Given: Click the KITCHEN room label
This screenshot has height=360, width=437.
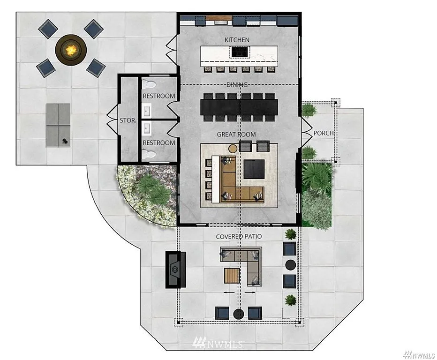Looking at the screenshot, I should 237,40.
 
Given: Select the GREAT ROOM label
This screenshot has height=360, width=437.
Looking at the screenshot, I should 236,135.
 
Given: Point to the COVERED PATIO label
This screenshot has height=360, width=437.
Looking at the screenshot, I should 239,237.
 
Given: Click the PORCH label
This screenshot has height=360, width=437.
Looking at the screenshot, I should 323,133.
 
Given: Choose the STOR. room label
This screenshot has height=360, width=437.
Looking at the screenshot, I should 128,120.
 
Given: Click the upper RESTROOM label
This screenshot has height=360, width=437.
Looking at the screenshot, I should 159,96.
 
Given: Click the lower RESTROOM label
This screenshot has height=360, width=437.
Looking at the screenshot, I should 159,142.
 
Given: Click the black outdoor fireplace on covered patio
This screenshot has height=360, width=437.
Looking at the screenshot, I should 175,270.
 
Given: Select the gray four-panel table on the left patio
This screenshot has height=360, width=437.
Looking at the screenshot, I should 58,125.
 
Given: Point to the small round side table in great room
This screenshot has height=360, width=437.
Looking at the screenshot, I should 233,149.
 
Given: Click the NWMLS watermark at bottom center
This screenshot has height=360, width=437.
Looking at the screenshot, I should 218,344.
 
